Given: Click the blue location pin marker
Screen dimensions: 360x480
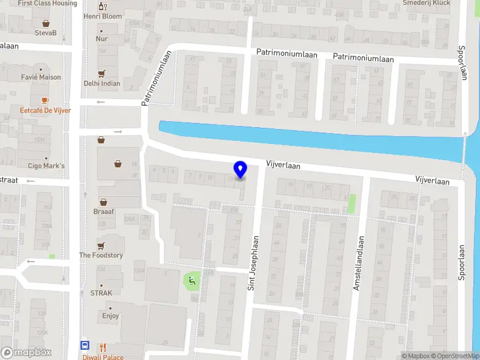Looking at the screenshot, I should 241,169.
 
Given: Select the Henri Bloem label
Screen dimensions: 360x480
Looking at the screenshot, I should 102,16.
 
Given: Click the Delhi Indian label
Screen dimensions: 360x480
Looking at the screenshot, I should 101,84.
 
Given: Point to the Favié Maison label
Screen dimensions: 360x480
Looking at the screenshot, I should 41,77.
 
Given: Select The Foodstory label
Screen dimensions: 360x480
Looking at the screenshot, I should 101,255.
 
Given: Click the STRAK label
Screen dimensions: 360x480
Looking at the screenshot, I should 101,293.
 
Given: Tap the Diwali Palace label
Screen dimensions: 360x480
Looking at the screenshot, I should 103,357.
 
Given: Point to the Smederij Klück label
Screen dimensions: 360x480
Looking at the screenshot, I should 427,3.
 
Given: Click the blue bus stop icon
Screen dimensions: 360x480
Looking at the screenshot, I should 85,346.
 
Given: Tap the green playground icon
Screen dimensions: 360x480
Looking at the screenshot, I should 192,279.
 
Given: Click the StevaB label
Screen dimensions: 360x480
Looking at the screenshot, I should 46,32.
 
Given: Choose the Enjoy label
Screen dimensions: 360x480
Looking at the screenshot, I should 110,316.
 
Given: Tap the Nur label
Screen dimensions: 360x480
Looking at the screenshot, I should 101,38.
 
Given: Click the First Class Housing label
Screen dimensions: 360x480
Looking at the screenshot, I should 47,3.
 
